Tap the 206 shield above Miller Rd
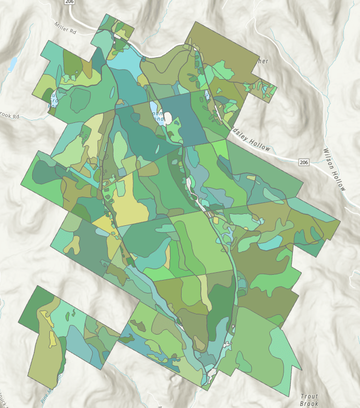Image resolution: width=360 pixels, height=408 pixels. pyautogui.click(x=70, y=2)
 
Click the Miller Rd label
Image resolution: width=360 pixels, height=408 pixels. pyautogui.click(x=65, y=28)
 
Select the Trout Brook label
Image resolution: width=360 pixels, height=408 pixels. pyautogui.click(x=309, y=400)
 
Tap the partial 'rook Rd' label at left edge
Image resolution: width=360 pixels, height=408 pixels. pyautogui.click(x=9, y=115)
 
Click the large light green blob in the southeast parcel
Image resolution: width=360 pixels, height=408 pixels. pyautogui.click(x=284, y=354)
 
